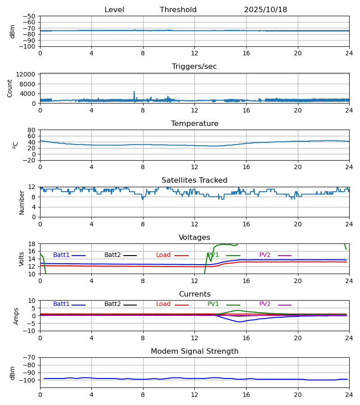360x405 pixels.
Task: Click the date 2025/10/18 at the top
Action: point(265,10)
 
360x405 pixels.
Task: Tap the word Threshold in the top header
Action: point(178,10)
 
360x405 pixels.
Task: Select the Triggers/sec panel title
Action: point(194,67)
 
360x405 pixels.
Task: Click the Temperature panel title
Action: point(194,124)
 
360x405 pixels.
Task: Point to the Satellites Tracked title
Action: point(194,180)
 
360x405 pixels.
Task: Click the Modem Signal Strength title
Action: point(194,351)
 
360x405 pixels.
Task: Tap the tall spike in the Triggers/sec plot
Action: point(134,92)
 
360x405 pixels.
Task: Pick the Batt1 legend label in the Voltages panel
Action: point(61,255)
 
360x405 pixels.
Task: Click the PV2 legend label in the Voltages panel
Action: point(265,255)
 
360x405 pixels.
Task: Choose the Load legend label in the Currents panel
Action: point(163,304)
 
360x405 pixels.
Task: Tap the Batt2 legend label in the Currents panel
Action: point(112,304)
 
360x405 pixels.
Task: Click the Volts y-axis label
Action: point(22,259)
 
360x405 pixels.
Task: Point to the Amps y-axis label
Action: point(16,316)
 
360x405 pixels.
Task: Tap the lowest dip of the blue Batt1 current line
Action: point(240,322)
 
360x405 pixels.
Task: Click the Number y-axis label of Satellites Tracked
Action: point(22,202)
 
